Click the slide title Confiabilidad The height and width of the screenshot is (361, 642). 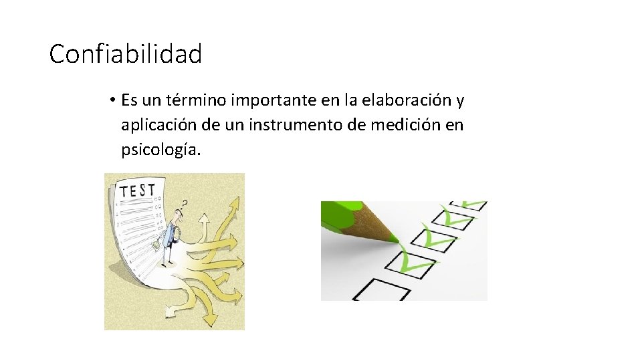click(125, 54)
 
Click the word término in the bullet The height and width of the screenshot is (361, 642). click(200, 101)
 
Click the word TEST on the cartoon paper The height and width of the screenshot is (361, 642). click(137, 190)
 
